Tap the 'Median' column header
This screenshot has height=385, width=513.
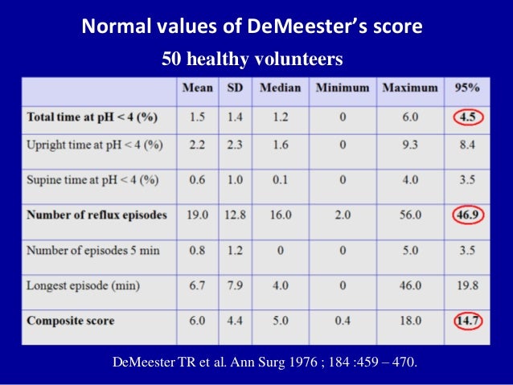coord(280,88)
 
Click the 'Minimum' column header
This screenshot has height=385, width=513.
coord(342,88)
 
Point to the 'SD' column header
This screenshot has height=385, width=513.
coord(233,88)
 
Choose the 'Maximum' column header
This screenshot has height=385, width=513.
coord(410,88)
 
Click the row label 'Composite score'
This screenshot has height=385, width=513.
coord(71,321)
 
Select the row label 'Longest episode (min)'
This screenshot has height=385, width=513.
coord(83,284)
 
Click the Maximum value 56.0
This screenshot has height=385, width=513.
coord(410,215)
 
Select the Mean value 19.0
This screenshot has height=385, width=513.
coord(196,215)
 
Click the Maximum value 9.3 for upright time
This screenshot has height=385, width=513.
coord(410,145)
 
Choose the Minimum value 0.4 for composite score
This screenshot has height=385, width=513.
coord(342,321)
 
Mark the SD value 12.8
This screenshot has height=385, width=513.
coord(233,215)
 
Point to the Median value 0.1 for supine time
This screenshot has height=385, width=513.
coord(280,180)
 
